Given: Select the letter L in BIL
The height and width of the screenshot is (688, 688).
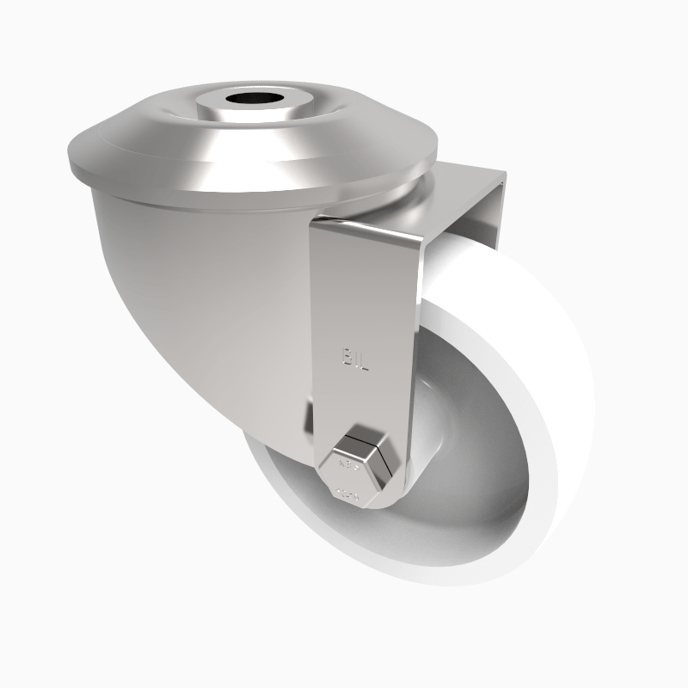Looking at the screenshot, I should pos(364,361).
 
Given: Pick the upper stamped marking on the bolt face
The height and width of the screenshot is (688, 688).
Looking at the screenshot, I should pos(350,466).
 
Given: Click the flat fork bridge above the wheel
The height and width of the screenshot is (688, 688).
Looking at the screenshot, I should pos(464,193).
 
